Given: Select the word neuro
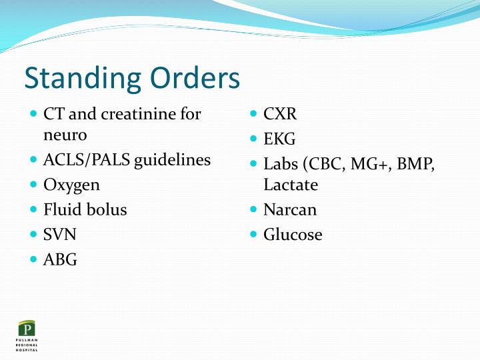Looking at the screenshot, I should click(x=65, y=135).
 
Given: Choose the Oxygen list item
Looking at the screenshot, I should click(x=71, y=185).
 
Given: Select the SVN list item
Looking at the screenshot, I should click(x=60, y=235).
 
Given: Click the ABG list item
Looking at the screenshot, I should click(x=60, y=260).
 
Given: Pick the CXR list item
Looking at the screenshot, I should click(x=280, y=114).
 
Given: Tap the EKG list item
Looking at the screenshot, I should click(x=279, y=139).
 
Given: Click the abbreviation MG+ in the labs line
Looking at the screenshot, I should click(x=368, y=164).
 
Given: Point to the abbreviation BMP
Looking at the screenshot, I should click(x=415, y=164).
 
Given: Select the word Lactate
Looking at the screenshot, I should click(x=291, y=185).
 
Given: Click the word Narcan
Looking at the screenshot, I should click(x=290, y=210).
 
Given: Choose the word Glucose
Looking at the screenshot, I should click(x=293, y=235).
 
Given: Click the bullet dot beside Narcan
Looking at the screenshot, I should click(x=254, y=209).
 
